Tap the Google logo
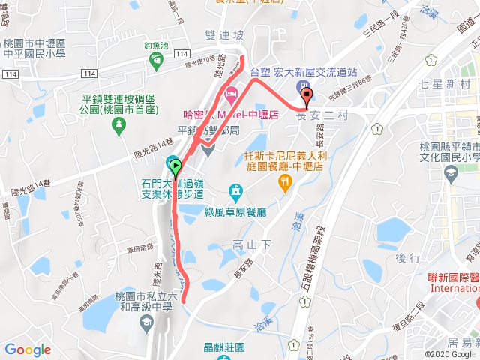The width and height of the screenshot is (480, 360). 28,349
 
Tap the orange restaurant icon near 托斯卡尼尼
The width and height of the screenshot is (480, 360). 284,181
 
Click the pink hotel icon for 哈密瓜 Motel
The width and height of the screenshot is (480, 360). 231,95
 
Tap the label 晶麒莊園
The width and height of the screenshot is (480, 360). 224,347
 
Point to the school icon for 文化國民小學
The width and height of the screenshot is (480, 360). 451,174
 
